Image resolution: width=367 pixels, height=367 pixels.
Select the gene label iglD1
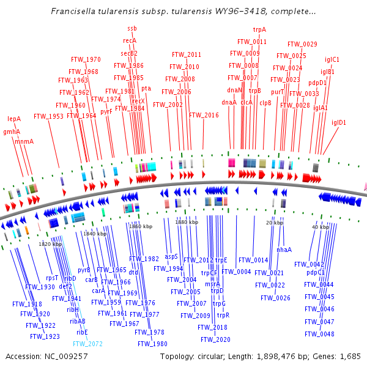click(x=339, y=122)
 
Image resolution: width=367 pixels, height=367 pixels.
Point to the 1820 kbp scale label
click(x=51, y=245)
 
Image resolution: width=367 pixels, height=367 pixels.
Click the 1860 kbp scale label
click(x=141, y=226)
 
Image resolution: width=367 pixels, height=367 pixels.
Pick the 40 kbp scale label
click(x=321, y=227)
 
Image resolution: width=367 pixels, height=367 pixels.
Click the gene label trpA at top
click(x=259, y=29)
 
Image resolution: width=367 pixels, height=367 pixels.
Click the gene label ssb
click(x=132, y=29)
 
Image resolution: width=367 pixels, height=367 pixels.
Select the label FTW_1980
click(x=152, y=344)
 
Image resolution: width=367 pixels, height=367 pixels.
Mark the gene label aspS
click(x=171, y=257)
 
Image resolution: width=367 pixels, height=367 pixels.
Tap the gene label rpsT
click(x=52, y=278)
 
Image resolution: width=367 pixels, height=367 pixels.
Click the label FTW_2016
click(x=204, y=115)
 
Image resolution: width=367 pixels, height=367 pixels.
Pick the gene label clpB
click(x=265, y=103)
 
